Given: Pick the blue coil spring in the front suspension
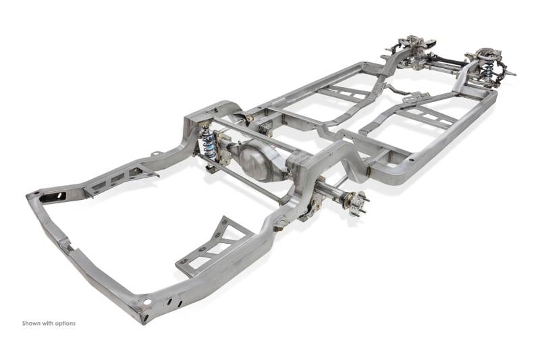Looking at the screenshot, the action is point(487,69).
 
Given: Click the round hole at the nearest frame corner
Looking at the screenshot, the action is point(147,302).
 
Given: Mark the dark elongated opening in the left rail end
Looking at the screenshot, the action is point(52,197).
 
